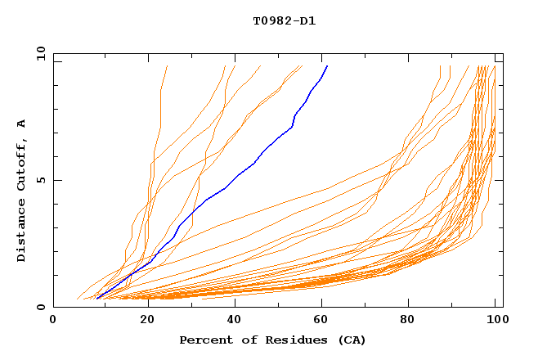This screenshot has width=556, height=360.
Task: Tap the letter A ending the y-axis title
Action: point(21,123)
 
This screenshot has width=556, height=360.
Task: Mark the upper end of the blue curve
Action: point(327,65)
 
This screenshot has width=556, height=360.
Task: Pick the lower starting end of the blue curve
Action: point(97,298)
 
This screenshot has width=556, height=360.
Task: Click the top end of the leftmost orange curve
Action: point(167,65)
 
